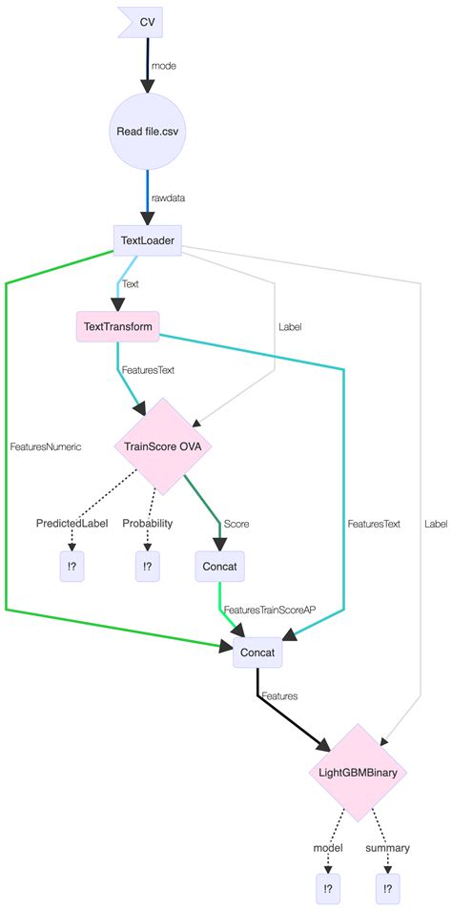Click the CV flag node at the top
pos(142,22)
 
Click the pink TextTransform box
pos(117,326)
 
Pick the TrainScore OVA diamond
pos(163,445)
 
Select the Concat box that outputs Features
pos(257,653)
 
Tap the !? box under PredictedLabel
pos(72,566)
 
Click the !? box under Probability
pos(147,566)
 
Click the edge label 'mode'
pos(164,66)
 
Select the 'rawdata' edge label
pos(170,198)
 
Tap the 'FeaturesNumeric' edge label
pos(45,445)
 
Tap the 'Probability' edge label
pos(147,524)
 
